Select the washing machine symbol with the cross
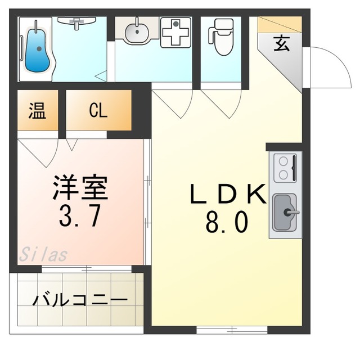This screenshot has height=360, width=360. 175,33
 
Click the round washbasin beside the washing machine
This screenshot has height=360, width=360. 137,31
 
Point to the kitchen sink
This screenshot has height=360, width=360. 285,213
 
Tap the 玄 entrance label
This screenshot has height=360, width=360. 282,44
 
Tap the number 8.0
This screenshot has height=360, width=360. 227,223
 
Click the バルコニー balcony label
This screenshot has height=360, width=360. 79,299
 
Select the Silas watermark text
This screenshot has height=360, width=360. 43,255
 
